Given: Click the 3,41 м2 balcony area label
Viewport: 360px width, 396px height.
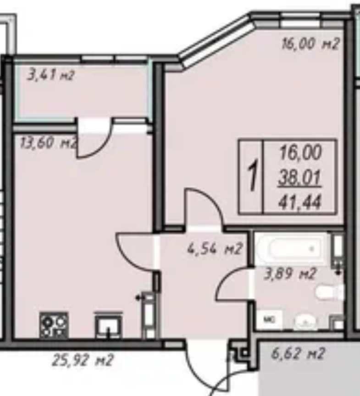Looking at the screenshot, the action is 50,75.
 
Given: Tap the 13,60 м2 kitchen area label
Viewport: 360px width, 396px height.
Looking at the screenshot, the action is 48,143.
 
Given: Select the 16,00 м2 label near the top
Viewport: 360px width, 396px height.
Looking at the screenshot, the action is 310,44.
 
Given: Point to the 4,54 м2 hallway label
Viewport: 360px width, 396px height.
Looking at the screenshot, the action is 215,249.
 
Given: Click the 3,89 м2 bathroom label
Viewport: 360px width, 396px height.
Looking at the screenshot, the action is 290,274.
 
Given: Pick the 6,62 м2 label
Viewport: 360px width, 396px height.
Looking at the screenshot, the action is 298,353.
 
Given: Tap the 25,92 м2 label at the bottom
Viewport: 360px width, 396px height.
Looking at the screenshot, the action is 83,360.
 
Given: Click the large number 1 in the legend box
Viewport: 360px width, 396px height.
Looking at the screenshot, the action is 253,175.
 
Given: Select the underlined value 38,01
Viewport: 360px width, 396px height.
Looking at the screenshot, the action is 300,177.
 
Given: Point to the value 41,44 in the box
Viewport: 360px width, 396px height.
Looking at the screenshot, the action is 300,202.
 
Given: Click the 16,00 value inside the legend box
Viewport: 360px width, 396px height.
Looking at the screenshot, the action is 300,153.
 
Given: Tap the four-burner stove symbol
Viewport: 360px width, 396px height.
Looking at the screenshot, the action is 54,325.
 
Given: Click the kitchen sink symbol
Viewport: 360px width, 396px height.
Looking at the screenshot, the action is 109,325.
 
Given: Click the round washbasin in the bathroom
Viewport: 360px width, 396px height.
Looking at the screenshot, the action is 305,322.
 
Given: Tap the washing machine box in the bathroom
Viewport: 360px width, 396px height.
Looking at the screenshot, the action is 269,320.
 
